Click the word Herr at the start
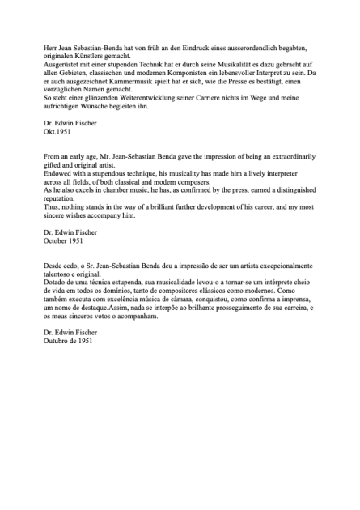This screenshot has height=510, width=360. [51, 49]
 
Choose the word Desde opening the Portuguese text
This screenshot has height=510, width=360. [53, 266]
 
